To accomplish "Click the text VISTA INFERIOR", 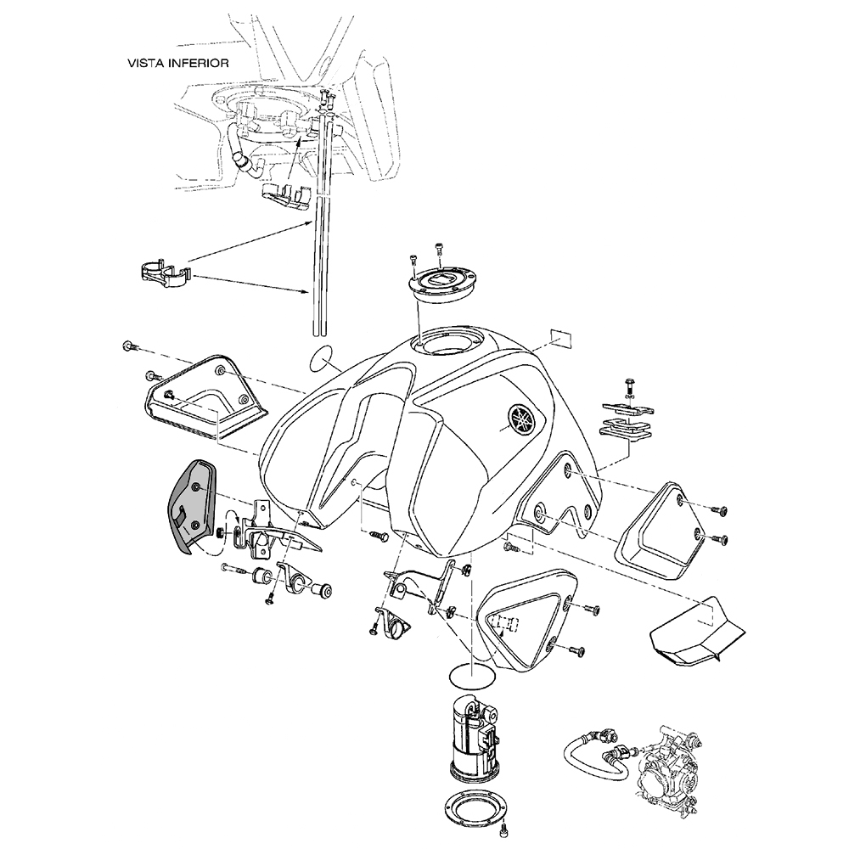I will [177, 63].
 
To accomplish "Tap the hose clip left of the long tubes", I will [164, 275].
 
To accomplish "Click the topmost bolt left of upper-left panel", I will [128, 346].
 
